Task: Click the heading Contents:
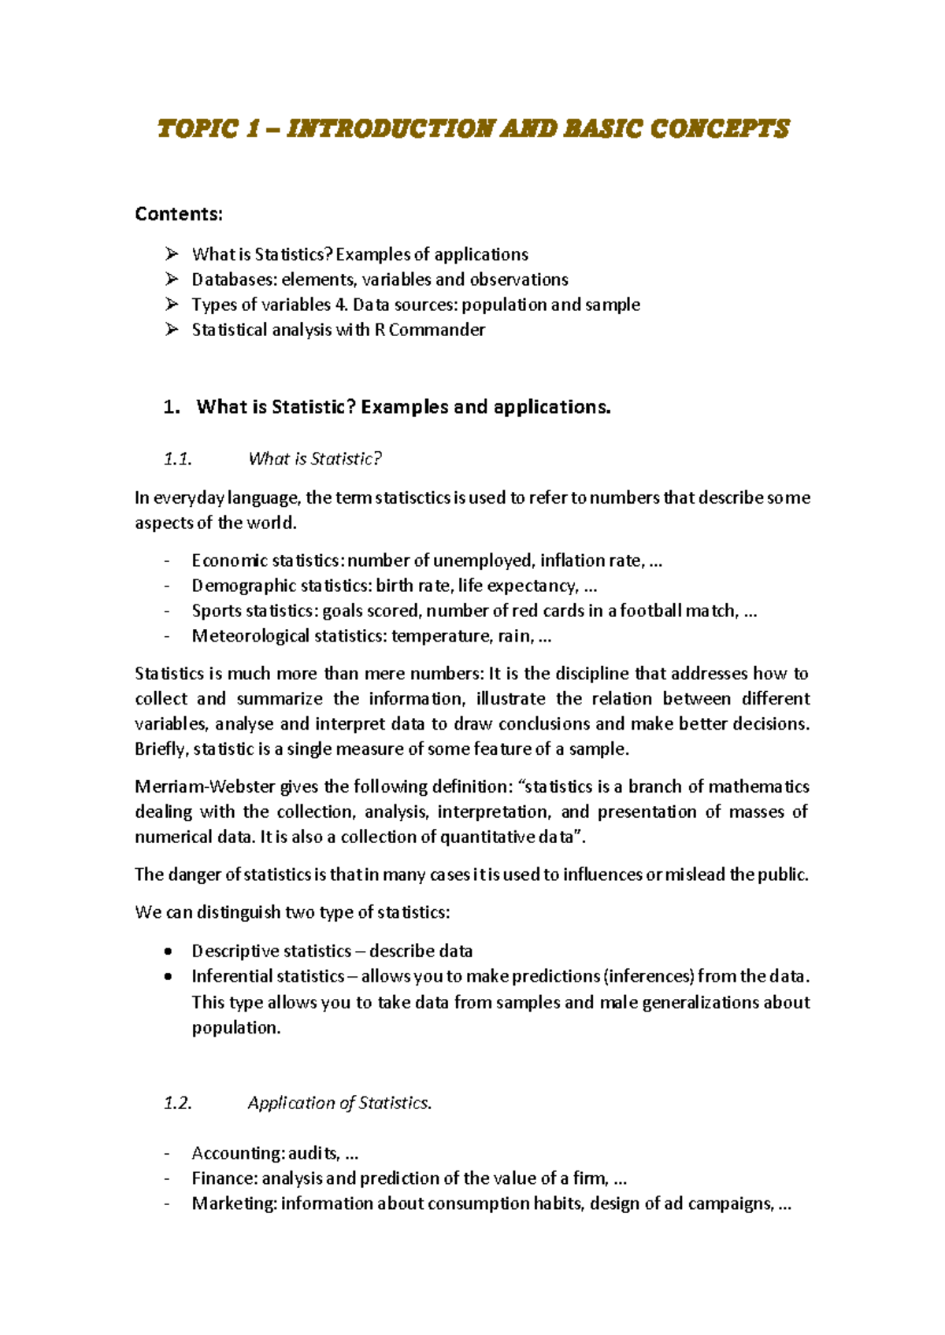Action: (179, 214)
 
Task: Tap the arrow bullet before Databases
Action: (172, 279)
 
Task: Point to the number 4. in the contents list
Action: (341, 305)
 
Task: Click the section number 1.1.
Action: (178, 459)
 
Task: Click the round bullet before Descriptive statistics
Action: (168, 952)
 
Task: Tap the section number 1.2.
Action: (178, 1103)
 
